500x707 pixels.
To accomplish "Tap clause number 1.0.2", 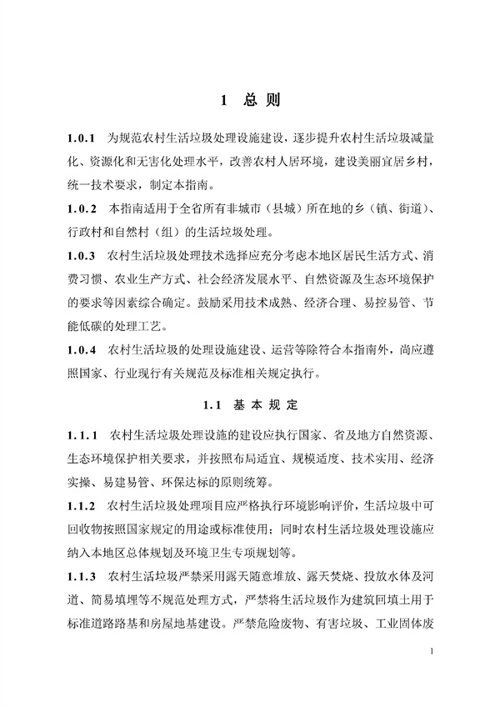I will tap(84, 206).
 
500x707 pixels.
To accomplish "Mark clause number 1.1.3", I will tap(84, 575).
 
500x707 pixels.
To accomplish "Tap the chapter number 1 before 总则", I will tap(224, 101).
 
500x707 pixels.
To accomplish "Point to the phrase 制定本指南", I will tap(172, 183).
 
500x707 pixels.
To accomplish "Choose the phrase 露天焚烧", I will tap(314, 575).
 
